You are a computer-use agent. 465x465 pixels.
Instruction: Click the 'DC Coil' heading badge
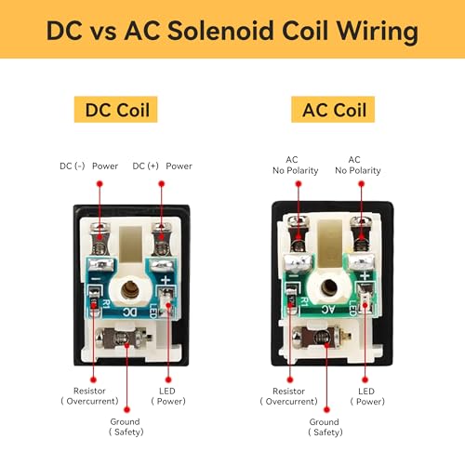pyautogui.click(x=115, y=110)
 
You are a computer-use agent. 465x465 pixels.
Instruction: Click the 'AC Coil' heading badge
pyautogui.click(x=333, y=110)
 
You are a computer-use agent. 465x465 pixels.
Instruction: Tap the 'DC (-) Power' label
pyautogui.click(x=88, y=166)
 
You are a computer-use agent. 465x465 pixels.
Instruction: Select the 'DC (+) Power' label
pyautogui.click(x=162, y=166)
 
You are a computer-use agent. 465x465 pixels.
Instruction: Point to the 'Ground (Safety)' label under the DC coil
pyautogui.click(x=126, y=427)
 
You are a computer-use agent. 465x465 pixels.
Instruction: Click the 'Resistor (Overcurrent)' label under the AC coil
pyautogui.click(x=289, y=396)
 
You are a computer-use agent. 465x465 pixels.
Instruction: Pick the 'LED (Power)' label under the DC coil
pyautogui.click(x=168, y=396)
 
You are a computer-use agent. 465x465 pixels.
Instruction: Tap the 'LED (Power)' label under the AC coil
pyautogui.click(x=367, y=396)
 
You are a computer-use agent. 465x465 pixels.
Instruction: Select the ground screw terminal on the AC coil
pyautogui.click(x=322, y=337)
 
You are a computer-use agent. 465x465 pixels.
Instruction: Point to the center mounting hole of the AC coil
pyautogui.click(x=329, y=286)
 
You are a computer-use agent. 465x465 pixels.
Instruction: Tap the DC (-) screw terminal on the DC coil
pyautogui.click(x=100, y=238)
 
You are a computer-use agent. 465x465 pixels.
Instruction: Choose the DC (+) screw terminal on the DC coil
pyautogui.click(x=161, y=238)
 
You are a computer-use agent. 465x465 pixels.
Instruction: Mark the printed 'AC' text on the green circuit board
pyautogui.click(x=328, y=309)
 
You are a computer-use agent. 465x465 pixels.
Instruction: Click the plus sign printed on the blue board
pyautogui.click(x=166, y=280)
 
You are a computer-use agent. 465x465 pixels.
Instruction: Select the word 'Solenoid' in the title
pyautogui.click(x=221, y=31)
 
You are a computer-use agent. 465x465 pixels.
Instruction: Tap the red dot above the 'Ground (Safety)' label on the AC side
pyautogui.click(x=326, y=410)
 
